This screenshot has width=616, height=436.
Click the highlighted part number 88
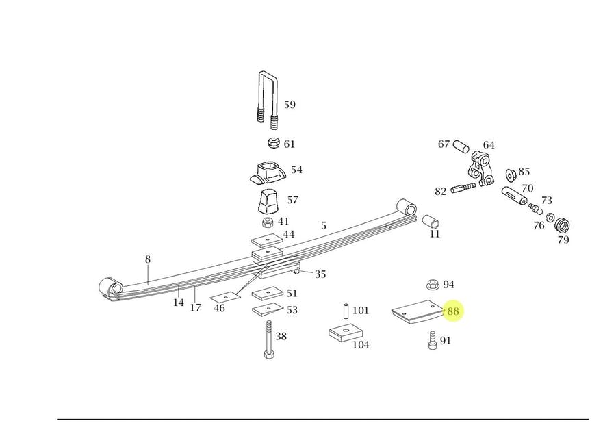[x=453, y=312]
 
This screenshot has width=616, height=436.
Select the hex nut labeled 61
[x=272, y=144]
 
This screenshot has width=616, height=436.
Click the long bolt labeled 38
[x=268, y=339]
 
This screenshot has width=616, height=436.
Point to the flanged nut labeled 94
[x=432, y=284]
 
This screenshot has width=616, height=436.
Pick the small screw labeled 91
[x=432, y=340]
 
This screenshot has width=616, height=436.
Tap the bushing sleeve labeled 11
[x=431, y=223]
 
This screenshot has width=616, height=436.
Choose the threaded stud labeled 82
[x=463, y=188]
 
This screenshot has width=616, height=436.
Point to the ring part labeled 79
[x=563, y=225]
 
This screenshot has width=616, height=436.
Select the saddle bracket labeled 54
[x=267, y=172]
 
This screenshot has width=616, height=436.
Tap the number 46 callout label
[x=219, y=308]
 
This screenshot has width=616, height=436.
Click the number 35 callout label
[x=320, y=274]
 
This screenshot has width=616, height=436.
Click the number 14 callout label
[x=178, y=302]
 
